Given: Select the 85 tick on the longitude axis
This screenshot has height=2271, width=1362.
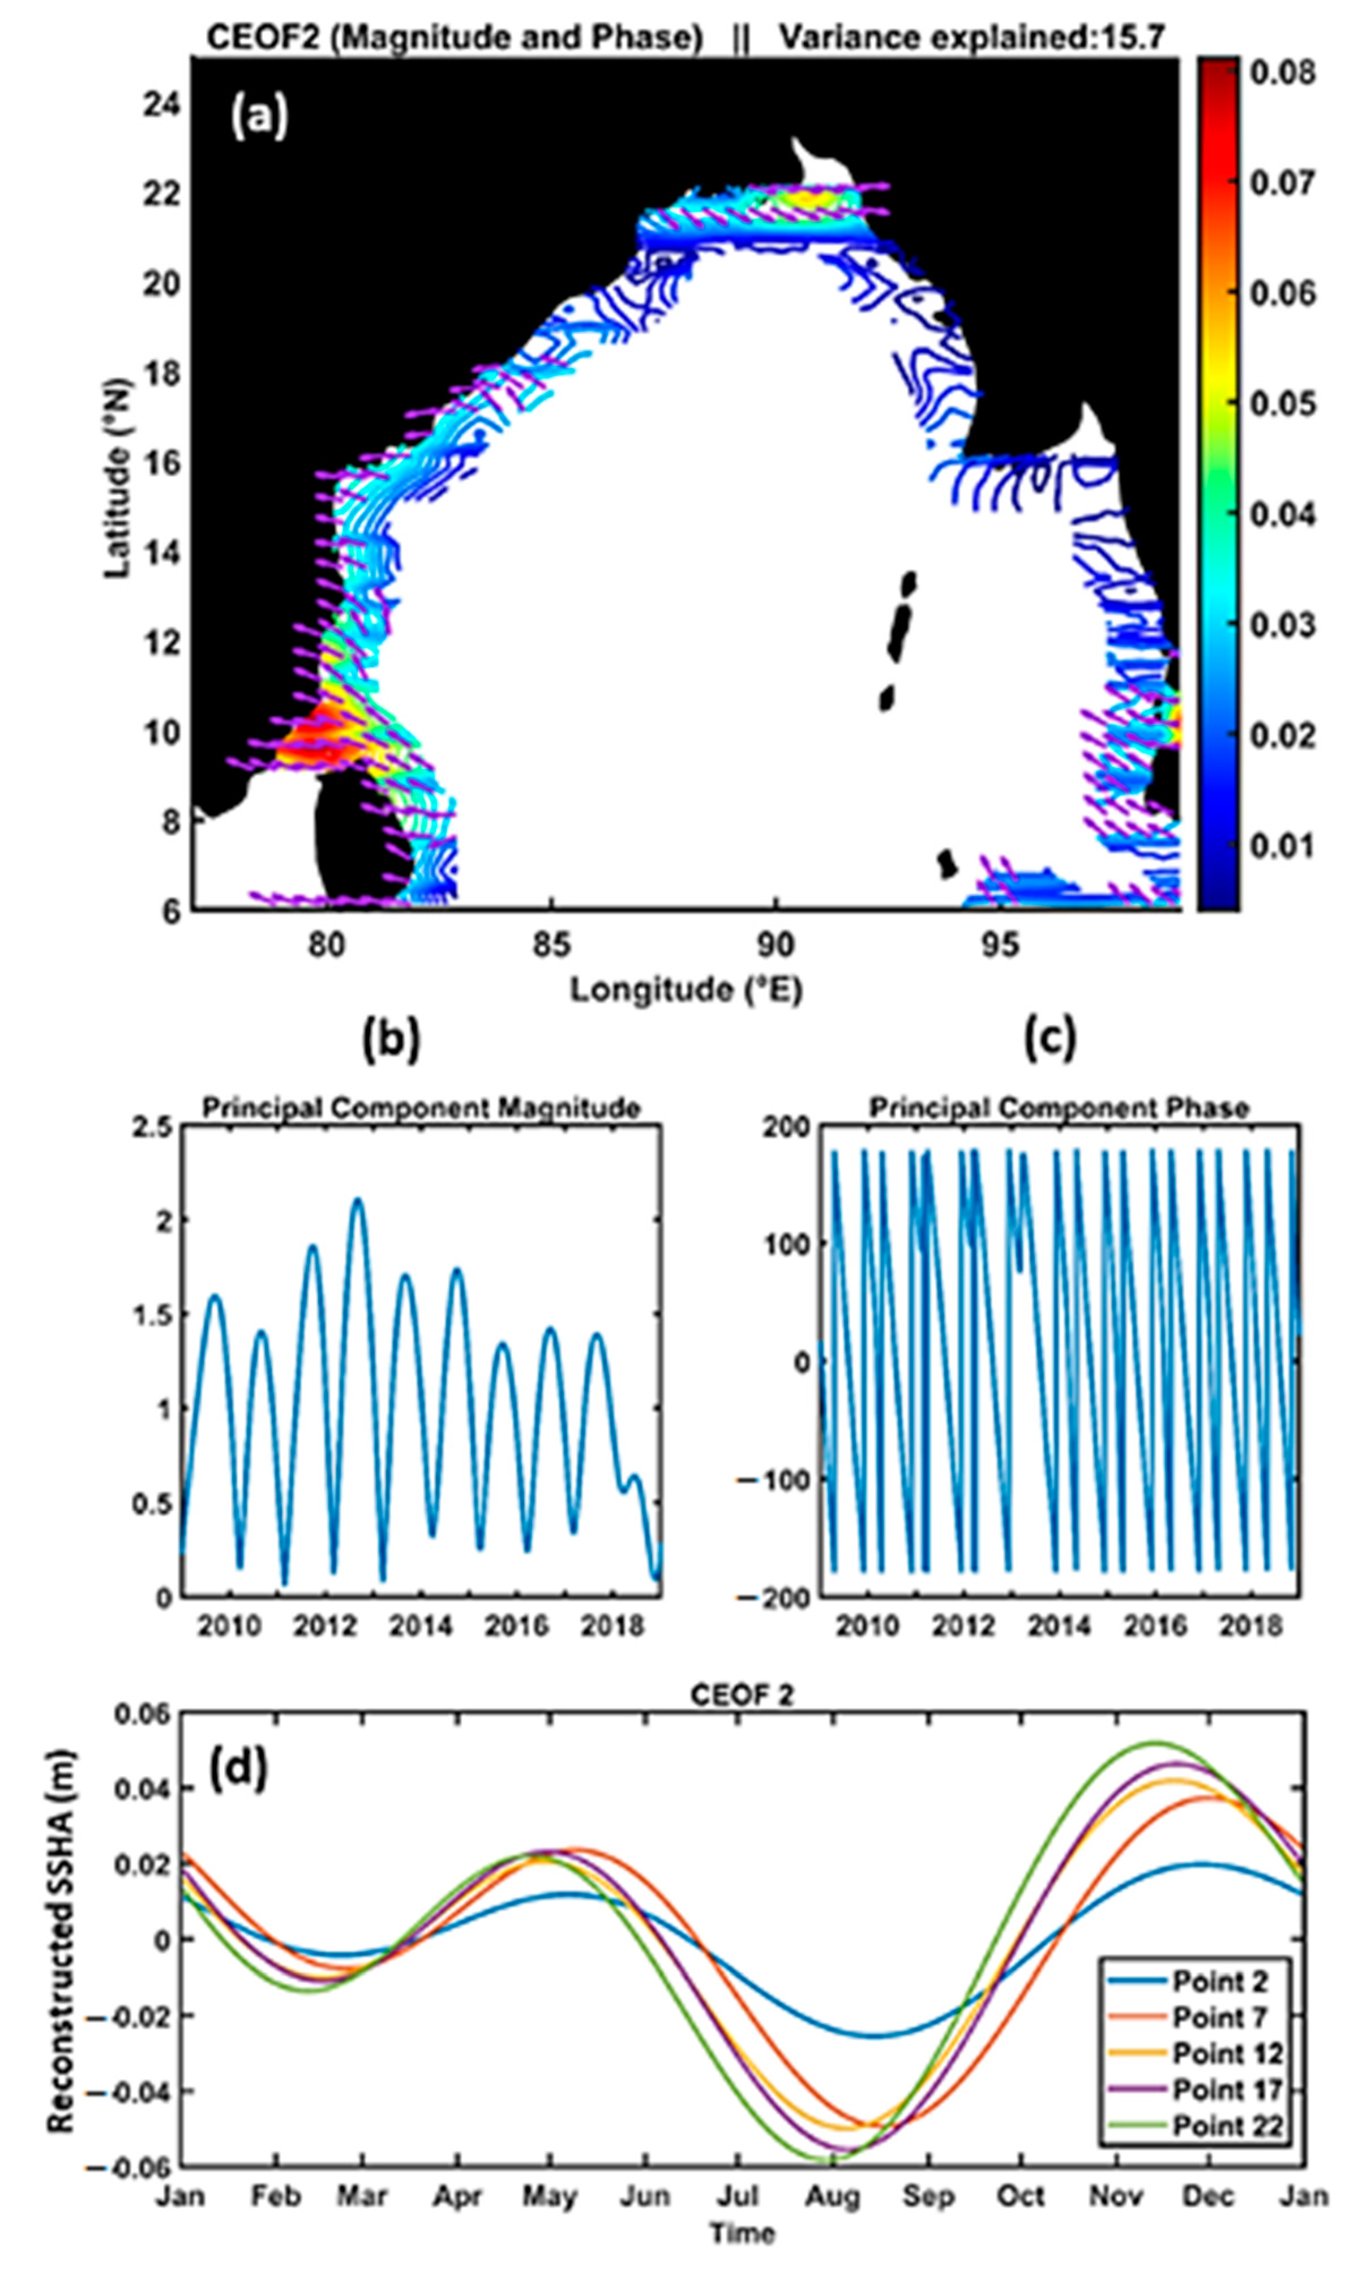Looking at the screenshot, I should [x=551, y=945].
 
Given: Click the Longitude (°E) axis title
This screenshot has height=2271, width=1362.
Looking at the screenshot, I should [x=687, y=989].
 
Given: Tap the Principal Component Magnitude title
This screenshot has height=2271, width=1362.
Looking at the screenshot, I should [x=421, y=1108].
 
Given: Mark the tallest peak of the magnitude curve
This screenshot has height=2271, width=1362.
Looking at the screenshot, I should [x=358, y=1199].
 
